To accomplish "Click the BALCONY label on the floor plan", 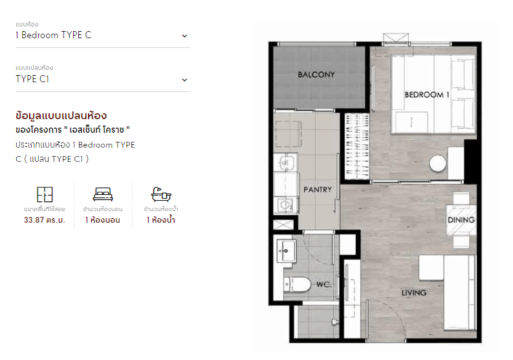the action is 316,74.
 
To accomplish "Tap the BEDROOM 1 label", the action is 427,95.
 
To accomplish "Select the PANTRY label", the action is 318,190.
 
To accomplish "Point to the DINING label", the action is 461,219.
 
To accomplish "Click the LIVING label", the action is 414,293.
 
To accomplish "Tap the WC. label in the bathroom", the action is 324,284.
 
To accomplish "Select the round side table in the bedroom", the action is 438,163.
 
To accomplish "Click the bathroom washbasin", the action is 287,251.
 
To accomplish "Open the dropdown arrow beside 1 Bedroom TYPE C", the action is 184,36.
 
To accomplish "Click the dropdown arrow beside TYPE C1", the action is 184,80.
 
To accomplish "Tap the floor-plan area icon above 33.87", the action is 45,194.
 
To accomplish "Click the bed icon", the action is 103,194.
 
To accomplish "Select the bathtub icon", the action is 161,194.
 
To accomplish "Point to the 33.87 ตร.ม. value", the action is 45,219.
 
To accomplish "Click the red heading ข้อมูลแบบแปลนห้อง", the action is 61,116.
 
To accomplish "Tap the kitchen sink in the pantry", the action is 285,163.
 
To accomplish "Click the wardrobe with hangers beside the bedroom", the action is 357,146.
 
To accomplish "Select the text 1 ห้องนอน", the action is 103,219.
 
